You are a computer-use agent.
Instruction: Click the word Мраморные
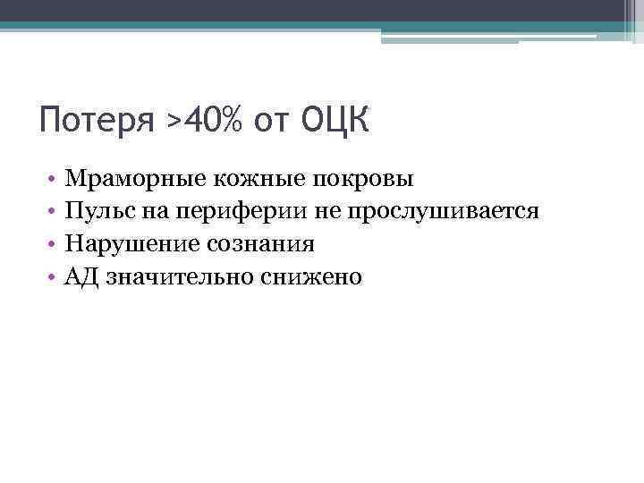[x=135, y=179]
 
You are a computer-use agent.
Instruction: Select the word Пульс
[x=97, y=212]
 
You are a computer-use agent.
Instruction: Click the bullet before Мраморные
[x=55, y=180]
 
